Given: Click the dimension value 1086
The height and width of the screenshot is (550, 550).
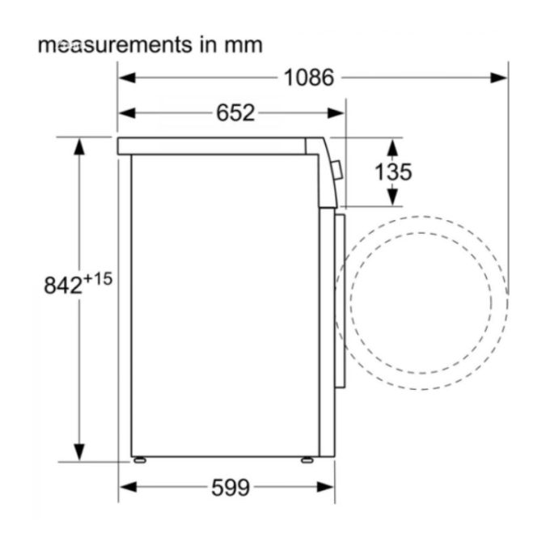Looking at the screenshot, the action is (x=309, y=78).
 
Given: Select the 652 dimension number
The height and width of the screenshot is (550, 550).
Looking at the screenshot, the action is (x=235, y=113).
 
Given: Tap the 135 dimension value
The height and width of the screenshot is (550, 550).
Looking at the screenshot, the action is (x=393, y=171).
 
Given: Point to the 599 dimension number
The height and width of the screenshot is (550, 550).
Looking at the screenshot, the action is (x=231, y=488).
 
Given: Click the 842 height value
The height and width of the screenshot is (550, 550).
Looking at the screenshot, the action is (x=63, y=285).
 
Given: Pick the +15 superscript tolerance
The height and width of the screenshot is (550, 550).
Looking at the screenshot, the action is (x=98, y=280).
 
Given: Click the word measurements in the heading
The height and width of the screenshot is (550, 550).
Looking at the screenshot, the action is (x=115, y=45).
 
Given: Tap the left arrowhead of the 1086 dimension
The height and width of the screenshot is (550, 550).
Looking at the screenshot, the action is (x=127, y=78).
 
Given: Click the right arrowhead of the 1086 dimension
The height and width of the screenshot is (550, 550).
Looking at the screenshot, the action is (x=499, y=78).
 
